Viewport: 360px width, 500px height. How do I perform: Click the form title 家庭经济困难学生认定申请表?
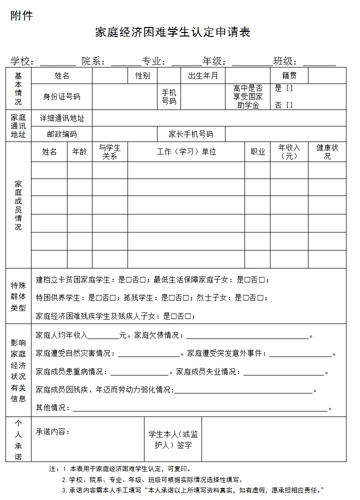pyautogui.click(x=172, y=32)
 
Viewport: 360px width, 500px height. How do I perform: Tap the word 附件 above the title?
pyautogui.click(x=22, y=16)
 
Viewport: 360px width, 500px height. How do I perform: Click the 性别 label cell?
pyautogui.click(x=142, y=75)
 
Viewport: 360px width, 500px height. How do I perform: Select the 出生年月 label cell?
pyautogui.click(x=203, y=75)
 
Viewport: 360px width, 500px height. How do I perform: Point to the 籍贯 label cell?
pyautogui.click(x=289, y=75)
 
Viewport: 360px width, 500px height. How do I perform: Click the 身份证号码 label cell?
pyautogui.click(x=61, y=96)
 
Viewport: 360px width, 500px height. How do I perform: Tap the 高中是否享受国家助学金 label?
pyautogui.click(x=247, y=96)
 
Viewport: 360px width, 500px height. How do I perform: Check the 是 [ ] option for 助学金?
pyautogui.click(x=283, y=88)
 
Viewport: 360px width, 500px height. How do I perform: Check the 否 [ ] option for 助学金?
pyautogui.click(x=283, y=105)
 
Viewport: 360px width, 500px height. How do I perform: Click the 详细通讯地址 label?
pyautogui.click(x=62, y=118)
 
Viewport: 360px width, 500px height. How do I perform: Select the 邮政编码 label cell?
pyautogui.click(x=62, y=134)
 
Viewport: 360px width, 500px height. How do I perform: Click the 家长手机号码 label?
pyautogui.click(x=190, y=134)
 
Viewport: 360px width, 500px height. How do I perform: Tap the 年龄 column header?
pyautogui.click(x=79, y=151)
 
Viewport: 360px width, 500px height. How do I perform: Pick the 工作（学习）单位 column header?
pyautogui.click(x=186, y=151)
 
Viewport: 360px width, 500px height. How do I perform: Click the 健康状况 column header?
pyautogui.click(x=327, y=151)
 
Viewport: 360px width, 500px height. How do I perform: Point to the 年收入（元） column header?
pyautogui.click(x=289, y=151)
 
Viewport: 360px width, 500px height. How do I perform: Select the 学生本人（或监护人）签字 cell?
pyautogui.click(x=173, y=439)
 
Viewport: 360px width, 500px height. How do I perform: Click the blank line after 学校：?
pyautogui.click(x=57, y=62)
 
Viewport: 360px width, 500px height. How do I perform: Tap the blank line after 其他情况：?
pyautogui.click(x=200, y=408)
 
